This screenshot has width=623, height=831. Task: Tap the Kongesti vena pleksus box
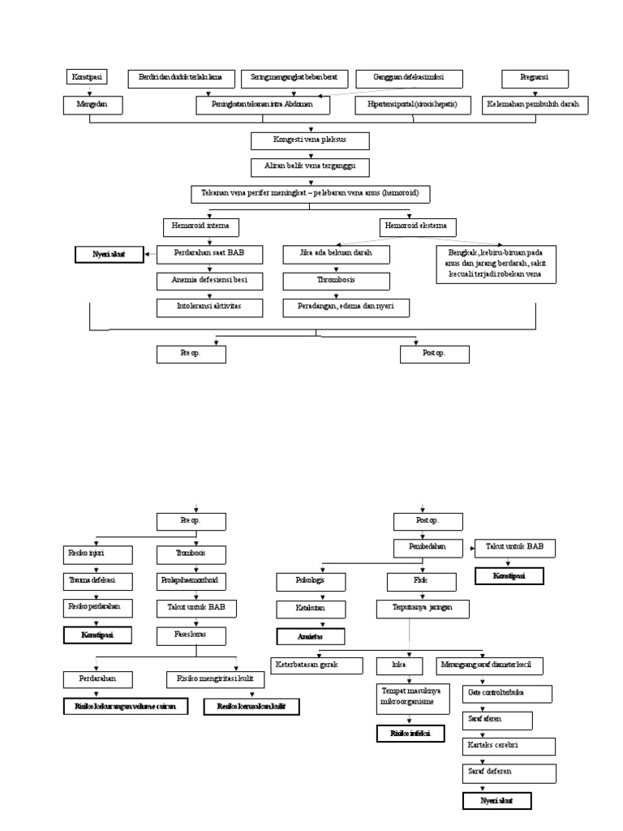(x=311, y=141)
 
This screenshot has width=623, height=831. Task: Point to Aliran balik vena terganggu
(x=311, y=168)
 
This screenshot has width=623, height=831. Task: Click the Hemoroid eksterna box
(x=417, y=226)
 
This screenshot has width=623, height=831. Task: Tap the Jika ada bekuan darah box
(x=336, y=254)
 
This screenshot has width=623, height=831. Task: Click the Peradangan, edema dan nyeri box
(x=346, y=308)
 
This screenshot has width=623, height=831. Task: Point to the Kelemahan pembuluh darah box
(x=534, y=105)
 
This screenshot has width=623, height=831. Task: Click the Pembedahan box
(x=428, y=549)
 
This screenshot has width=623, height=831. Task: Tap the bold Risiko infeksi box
(x=410, y=734)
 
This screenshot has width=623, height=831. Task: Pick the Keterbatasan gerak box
(x=317, y=665)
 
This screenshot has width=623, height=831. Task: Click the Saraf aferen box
(x=497, y=720)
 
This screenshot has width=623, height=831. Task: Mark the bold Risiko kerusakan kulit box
(x=251, y=707)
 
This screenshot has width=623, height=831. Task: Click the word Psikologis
(x=299, y=581)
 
